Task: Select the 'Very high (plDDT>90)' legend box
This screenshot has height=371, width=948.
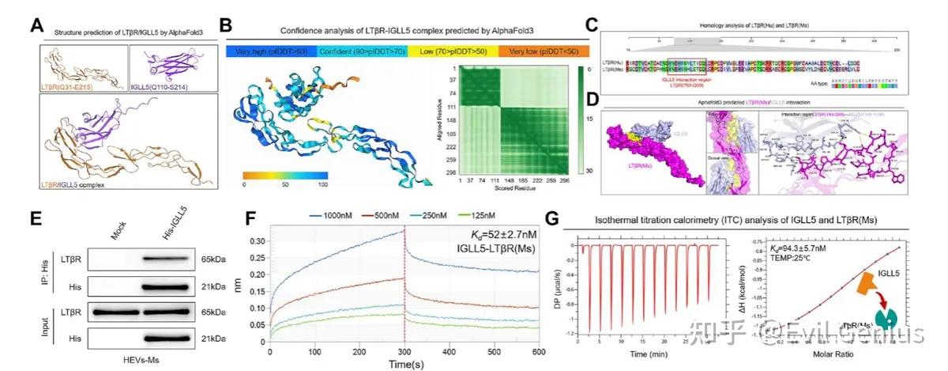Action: pos(271,51)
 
